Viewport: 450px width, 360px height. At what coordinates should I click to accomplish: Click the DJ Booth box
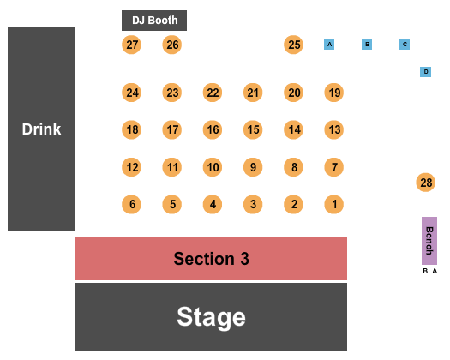click(x=154, y=21)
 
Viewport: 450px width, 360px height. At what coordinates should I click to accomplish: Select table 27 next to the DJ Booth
click(x=131, y=45)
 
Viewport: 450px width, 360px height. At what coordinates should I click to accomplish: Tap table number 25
click(x=293, y=45)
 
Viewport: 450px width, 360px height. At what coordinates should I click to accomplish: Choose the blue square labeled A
click(x=329, y=45)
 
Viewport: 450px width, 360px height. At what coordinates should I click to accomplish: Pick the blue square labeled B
click(x=367, y=45)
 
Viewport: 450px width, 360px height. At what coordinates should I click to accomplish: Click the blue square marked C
click(x=405, y=45)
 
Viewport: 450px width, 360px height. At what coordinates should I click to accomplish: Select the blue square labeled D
click(x=426, y=72)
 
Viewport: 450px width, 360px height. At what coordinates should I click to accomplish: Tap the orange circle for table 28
click(x=426, y=183)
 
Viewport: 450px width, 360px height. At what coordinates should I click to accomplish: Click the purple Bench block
click(x=429, y=241)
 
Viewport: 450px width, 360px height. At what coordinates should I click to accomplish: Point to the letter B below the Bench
click(x=425, y=271)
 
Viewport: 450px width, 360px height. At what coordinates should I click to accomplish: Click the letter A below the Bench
click(x=435, y=271)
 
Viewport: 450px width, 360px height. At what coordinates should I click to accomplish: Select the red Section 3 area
click(x=211, y=259)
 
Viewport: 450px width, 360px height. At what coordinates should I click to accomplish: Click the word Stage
click(x=211, y=317)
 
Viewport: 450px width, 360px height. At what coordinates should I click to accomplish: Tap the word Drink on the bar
click(x=41, y=129)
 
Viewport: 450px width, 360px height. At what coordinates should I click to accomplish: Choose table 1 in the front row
click(x=333, y=204)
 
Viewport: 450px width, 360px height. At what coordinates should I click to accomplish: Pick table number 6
click(x=131, y=204)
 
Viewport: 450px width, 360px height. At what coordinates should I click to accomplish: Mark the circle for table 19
click(x=333, y=93)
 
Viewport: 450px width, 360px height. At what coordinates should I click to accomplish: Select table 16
click(x=213, y=129)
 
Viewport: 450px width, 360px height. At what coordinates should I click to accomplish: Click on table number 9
click(x=253, y=167)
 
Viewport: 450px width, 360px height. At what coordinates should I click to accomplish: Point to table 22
click(x=213, y=93)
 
